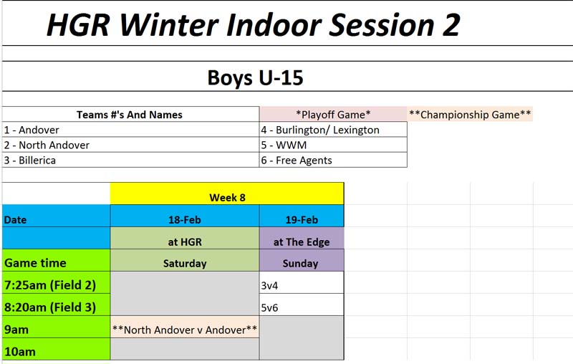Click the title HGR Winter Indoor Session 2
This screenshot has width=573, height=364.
(x=253, y=25)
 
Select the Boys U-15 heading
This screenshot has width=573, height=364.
(x=255, y=77)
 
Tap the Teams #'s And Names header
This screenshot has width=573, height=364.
(x=130, y=115)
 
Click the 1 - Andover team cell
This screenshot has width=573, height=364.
(x=130, y=130)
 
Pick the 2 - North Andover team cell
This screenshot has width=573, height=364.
(x=130, y=145)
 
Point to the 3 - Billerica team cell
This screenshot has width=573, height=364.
(x=130, y=160)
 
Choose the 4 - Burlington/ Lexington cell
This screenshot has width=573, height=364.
(x=333, y=130)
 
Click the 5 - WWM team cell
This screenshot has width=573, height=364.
(x=333, y=145)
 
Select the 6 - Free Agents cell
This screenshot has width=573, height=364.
(x=333, y=160)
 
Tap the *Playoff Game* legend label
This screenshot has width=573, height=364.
(x=333, y=115)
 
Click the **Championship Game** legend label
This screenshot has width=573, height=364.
(x=470, y=115)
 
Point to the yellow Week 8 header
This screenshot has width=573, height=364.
(x=227, y=193)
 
